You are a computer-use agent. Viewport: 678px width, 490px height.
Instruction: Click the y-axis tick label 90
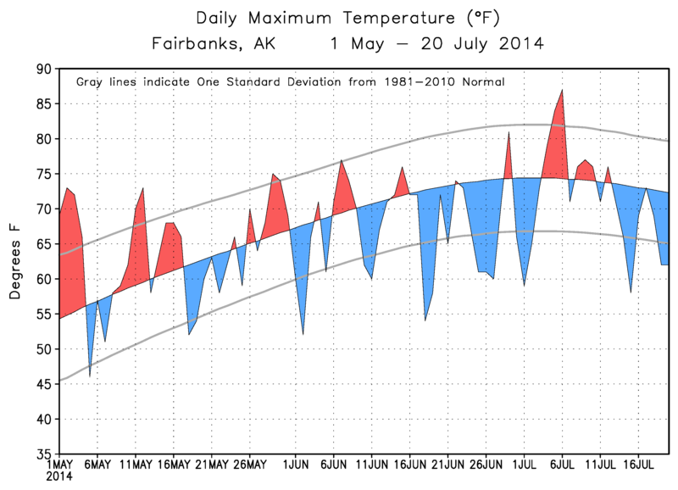tap(43, 69)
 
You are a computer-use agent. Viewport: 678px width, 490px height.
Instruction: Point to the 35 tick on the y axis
tap(43, 454)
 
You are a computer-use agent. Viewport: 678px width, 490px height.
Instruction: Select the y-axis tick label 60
tap(43, 279)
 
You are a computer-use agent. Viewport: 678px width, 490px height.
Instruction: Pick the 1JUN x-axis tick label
tap(296, 465)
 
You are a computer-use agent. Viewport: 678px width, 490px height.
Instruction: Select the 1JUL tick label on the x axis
tap(523, 465)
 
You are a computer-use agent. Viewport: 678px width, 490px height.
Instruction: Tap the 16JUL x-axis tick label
tap(636, 465)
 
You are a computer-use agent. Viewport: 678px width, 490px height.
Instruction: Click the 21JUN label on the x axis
tap(447, 465)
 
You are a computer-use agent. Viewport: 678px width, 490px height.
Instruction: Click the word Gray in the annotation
tap(91, 83)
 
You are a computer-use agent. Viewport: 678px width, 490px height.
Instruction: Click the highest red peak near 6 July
tap(561, 91)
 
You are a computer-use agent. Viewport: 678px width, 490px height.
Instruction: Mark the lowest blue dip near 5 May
tap(90, 376)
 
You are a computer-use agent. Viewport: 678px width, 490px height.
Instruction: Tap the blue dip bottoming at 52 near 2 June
tap(303, 333)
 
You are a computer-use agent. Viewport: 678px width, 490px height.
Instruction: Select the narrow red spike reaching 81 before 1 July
tap(508, 133)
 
